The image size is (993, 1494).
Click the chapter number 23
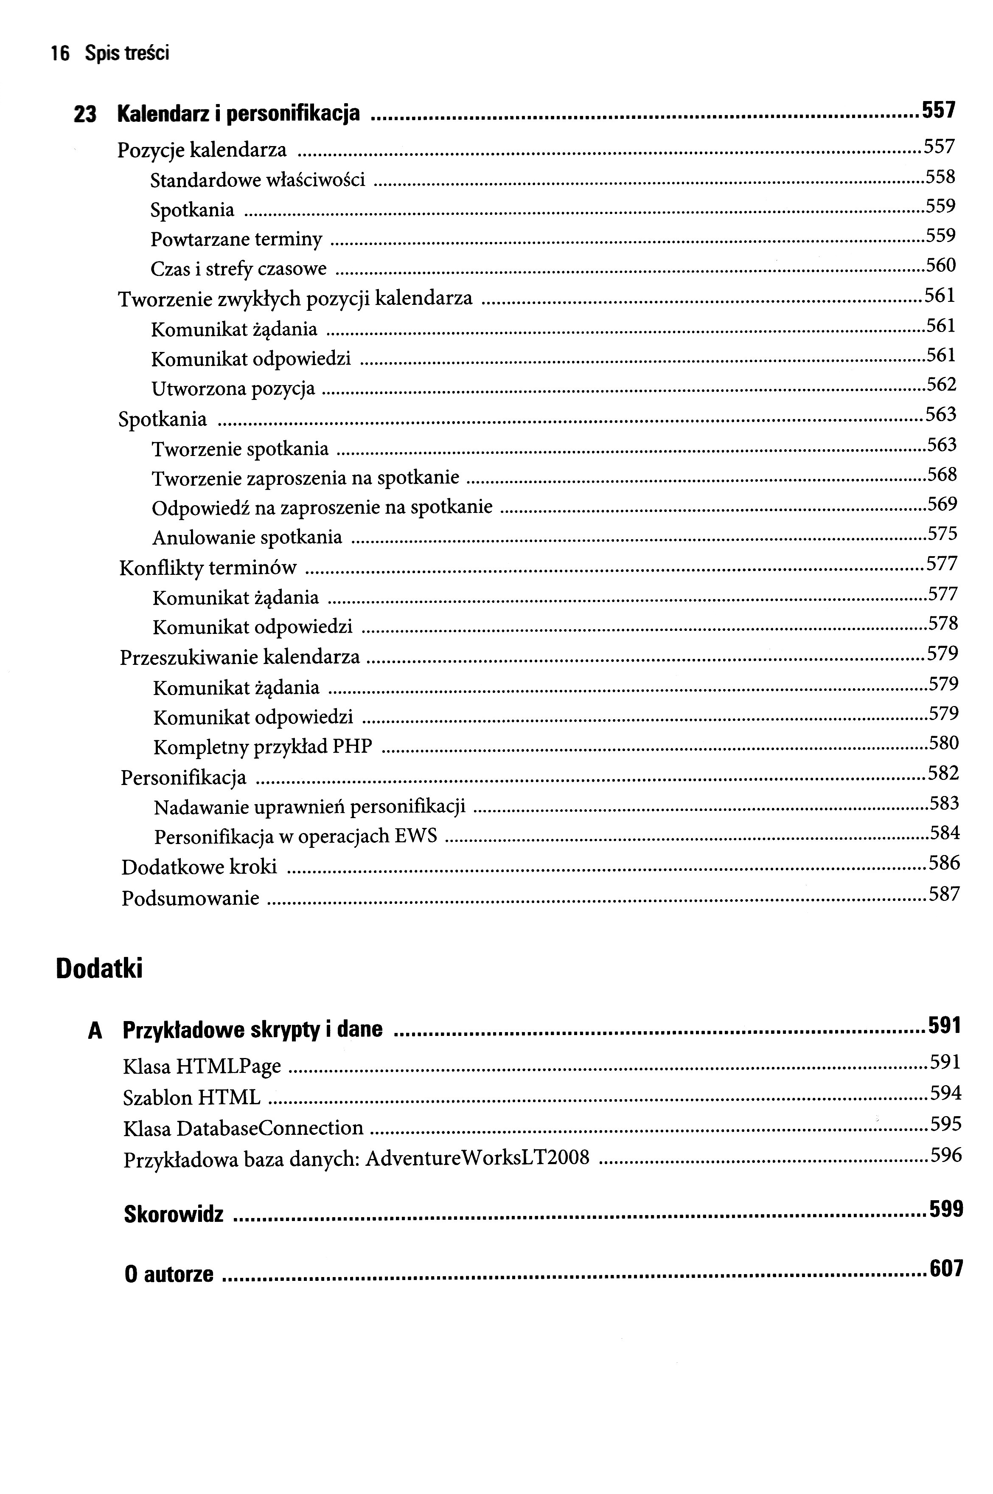pos(85,115)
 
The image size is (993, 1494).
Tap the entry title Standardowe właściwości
pos(258,180)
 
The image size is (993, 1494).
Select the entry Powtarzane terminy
pos(236,239)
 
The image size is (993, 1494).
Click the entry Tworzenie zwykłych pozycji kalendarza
pos(295,298)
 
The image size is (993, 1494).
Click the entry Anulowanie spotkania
pos(247,538)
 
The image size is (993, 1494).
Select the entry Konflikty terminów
pos(208,568)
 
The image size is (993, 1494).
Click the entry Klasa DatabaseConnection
pos(243,1128)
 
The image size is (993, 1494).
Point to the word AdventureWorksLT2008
pos(477,1158)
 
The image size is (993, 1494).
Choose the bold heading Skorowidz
pos(174,1214)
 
